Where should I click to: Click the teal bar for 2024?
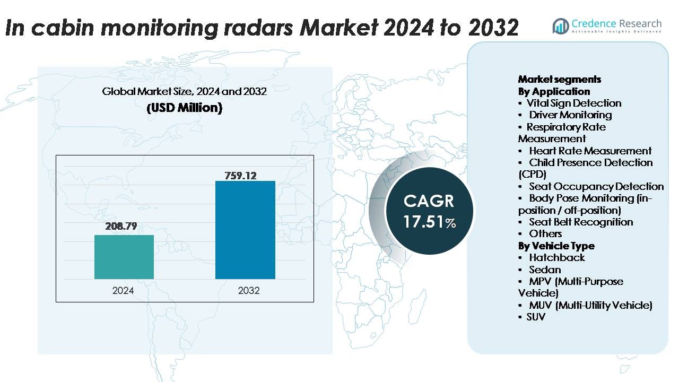pos(124,257)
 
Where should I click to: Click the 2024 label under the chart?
pos(123,291)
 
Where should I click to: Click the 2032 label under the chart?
pos(249,291)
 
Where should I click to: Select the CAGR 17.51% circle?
pos(429,211)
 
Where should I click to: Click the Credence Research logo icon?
pos(560,25)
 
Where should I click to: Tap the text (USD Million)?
pos(184,108)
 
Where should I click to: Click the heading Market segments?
pos(559,79)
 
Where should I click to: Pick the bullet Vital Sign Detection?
pos(573,103)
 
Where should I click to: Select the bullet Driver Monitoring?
pos(570,115)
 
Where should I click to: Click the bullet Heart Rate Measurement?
pos(590,151)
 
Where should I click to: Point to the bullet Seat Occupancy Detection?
pos(596,186)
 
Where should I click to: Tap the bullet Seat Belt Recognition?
pos(581,222)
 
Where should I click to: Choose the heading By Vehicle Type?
pos(556,246)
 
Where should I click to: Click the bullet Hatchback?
pos(556,257)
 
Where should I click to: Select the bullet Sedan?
pos(545,270)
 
